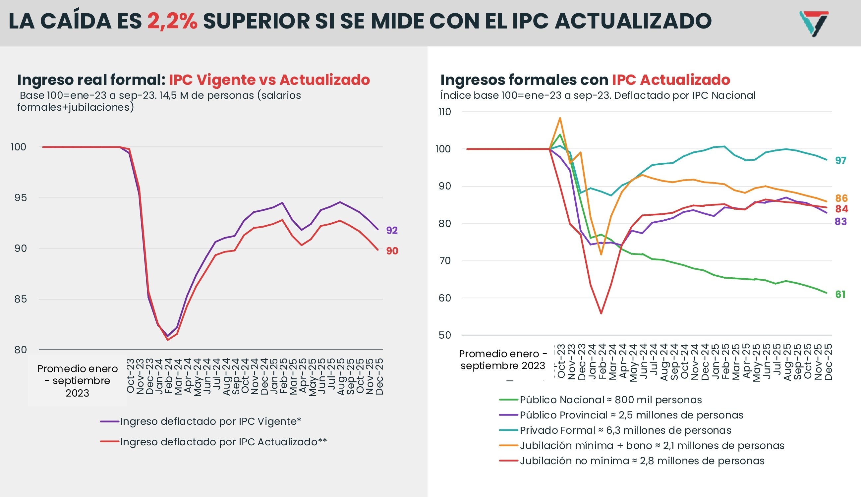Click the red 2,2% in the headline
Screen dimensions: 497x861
point(172,21)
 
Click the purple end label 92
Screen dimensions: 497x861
point(392,230)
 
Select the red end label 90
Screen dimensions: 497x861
point(392,251)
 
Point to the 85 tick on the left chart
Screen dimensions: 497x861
point(20,299)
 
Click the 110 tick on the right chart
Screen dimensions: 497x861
point(444,112)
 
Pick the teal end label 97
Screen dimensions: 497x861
point(840,160)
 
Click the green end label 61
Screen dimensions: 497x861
point(840,294)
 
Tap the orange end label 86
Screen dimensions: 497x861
point(841,198)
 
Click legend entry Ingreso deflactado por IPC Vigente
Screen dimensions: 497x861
point(210,421)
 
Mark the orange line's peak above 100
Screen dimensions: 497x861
point(560,118)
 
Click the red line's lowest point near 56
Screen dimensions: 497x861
point(601,313)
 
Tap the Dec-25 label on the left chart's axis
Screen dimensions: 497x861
point(379,376)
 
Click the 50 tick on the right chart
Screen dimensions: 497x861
point(444,335)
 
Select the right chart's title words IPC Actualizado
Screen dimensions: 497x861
point(671,80)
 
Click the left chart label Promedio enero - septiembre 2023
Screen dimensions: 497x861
point(78,381)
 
